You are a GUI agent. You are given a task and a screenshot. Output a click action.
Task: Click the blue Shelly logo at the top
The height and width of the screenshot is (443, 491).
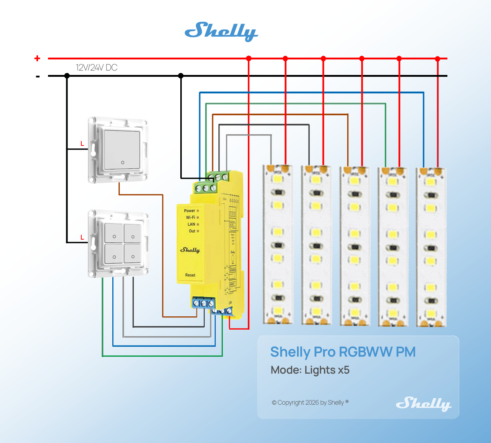click(221, 31)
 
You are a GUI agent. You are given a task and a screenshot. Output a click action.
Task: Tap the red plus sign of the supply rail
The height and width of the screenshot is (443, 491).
click(37, 58)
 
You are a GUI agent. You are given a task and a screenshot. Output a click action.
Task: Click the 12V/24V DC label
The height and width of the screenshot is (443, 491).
click(96, 68)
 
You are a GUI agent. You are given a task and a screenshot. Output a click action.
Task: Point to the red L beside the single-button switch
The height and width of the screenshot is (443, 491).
click(82, 144)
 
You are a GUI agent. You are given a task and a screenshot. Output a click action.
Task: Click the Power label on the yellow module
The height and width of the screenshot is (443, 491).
click(190, 211)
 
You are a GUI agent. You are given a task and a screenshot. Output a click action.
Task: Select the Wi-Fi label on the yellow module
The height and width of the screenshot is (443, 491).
click(191, 217)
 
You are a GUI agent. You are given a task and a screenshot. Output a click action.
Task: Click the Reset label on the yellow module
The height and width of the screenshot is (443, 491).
click(190, 275)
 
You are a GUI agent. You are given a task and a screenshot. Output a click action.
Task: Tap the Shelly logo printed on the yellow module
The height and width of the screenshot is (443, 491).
click(190, 250)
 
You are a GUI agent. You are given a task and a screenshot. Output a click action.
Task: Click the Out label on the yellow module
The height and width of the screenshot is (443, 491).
click(192, 231)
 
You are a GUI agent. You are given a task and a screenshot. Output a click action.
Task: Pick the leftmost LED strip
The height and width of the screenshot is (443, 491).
click(278, 245)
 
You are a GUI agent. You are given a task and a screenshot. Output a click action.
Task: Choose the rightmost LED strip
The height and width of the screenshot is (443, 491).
click(431, 247)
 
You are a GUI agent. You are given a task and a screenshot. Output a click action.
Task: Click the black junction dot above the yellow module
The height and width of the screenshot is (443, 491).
click(181, 76)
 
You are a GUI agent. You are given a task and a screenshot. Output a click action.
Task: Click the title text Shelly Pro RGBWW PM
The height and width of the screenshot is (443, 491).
click(343, 352)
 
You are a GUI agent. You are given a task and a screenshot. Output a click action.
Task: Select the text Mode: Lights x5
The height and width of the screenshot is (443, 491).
click(310, 370)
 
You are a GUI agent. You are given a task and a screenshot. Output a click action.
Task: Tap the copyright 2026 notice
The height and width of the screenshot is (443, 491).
click(310, 402)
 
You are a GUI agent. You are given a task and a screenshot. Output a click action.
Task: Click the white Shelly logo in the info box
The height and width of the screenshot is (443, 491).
click(423, 403)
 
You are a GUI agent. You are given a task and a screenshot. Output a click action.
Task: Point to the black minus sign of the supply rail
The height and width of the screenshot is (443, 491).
click(38, 76)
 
